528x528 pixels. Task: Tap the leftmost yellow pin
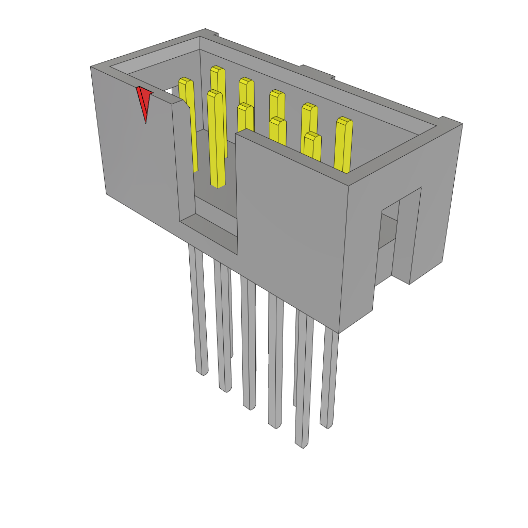tap(188, 124)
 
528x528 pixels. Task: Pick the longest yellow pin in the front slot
tap(217, 139)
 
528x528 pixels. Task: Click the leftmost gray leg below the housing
tap(199, 309)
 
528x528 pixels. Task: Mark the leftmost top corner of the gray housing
tap(92, 68)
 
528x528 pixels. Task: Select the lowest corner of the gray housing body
tap(339, 332)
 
